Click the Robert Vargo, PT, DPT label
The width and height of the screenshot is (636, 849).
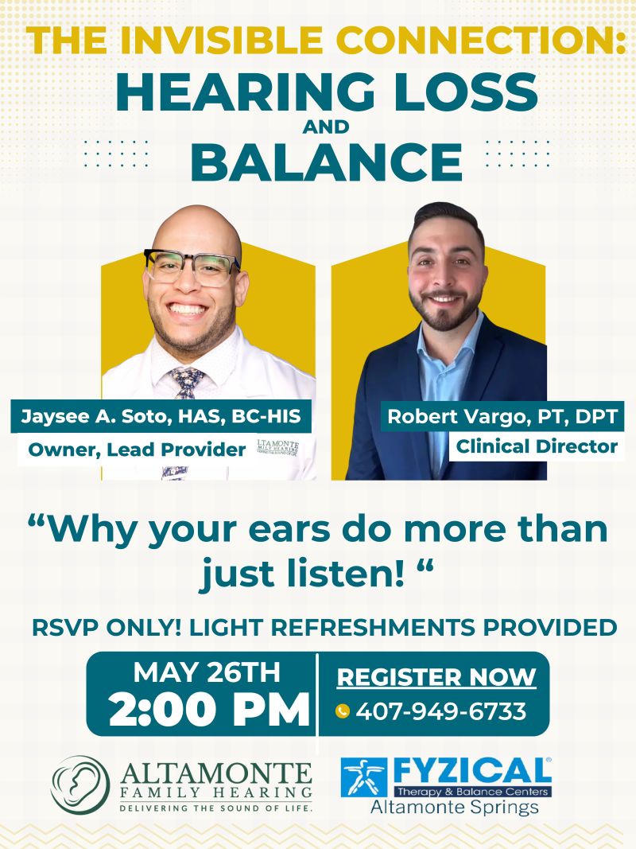(x=502, y=415)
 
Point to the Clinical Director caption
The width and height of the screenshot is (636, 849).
(x=537, y=446)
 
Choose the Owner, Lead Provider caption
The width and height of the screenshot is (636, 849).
(x=137, y=450)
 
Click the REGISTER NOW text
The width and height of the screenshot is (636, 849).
(x=436, y=677)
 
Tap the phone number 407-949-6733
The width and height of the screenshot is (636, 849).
(x=441, y=711)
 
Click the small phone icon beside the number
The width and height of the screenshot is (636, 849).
(x=343, y=711)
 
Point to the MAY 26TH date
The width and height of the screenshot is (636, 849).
(x=207, y=672)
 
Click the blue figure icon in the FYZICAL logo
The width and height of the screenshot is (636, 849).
(x=365, y=777)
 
